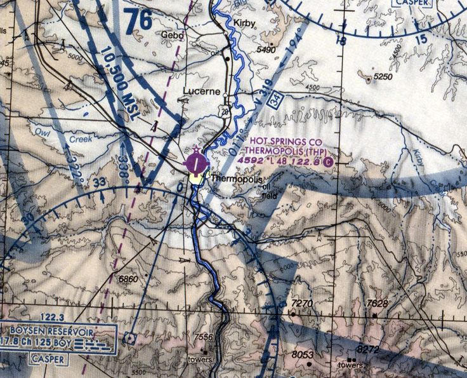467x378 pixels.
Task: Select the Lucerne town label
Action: [x=202, y=91]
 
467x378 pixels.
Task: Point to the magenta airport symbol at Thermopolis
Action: [x=197, y=165]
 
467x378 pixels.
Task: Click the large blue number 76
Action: [x=138, y=20]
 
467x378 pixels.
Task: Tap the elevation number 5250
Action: [x=383, y=77]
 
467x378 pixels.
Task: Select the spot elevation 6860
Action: [x=128, y=280]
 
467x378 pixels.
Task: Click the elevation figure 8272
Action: [x=369, y=350]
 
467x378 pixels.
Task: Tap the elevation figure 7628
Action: [x=378, y=304]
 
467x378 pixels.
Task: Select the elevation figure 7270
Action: [x=301, y=304]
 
